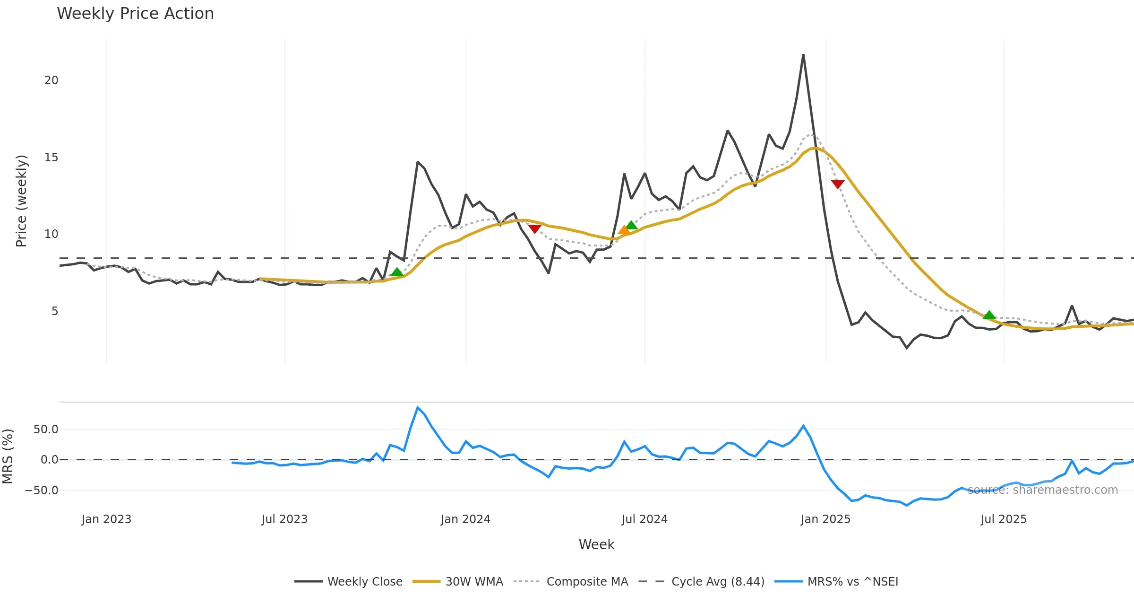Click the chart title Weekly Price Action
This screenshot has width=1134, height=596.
pos(135,14)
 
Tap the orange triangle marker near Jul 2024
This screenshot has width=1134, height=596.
pos(624,230)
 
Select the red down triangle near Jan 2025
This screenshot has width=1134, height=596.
pos(838,184)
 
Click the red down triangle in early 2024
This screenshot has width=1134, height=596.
pos(534,229)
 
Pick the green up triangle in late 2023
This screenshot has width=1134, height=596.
pos(397,272)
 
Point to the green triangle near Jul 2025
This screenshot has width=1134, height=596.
pos(989,315)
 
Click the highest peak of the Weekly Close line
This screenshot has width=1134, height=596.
pos(803,55)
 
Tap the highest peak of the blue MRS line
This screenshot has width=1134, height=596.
pos(418,407)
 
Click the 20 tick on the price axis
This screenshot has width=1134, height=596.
pos(51,80)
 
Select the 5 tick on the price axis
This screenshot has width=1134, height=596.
pos(55,311)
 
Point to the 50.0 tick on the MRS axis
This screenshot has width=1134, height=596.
pos(46,429)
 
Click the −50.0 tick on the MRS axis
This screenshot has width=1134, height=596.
pos(42,491)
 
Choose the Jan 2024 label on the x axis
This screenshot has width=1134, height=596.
pos(465,519)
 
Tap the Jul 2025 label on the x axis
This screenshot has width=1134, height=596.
pos(1004,519)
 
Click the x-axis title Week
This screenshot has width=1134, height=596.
pos(596,545)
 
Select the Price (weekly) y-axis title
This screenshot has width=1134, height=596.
pos(21,201)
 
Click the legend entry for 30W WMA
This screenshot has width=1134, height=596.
pos(474,582)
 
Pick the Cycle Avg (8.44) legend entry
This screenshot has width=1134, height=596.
pos(718,582)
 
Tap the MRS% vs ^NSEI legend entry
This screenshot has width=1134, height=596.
pos(852,582)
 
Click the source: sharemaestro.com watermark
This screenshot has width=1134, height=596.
pos(1043,490)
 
